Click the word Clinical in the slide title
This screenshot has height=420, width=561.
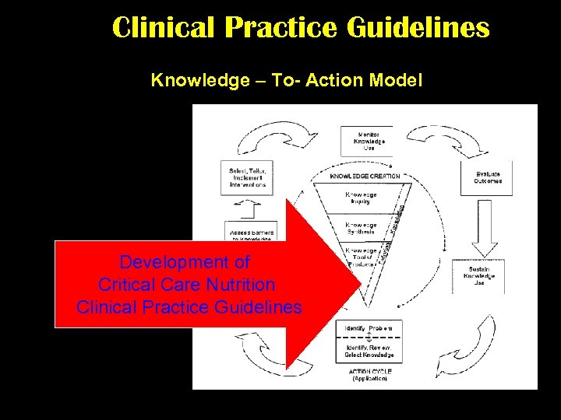click(163, 28)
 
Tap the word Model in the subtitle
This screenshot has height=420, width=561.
click(397, 80)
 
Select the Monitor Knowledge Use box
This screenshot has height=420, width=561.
click(366, 141)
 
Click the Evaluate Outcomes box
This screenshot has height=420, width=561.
click(488, 177)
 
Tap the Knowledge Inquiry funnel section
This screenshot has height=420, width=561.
click(361, 198)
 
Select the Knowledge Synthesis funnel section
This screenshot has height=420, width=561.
click(361, 229)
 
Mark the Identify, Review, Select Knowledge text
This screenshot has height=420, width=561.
click(369, 351)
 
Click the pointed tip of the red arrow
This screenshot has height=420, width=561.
click(360, 285)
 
